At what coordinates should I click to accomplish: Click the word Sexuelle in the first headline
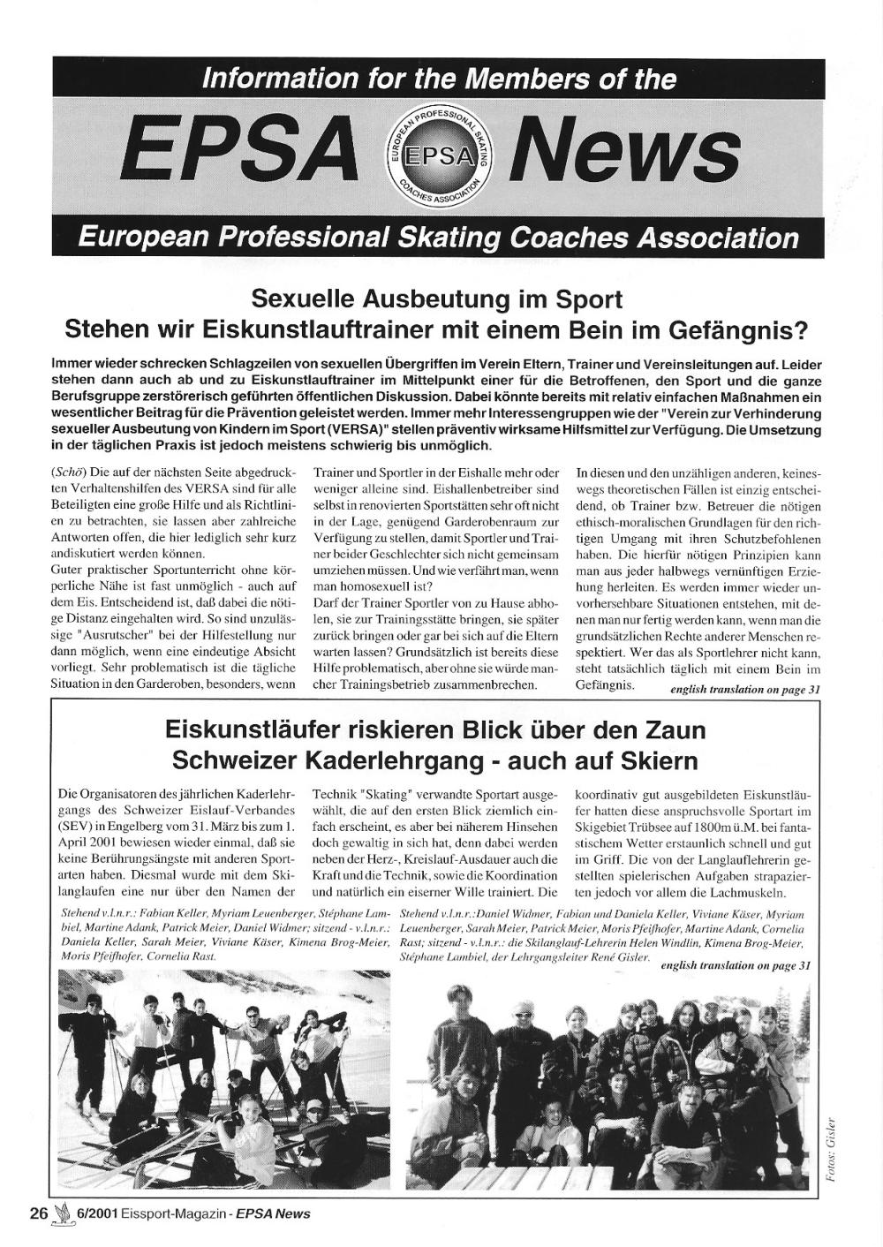tap(299, 299)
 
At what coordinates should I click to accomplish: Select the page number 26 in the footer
tap(38, 1213)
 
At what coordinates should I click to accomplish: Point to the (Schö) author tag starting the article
tap(70, 472)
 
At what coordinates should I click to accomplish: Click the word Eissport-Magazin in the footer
tap(181, 1213)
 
